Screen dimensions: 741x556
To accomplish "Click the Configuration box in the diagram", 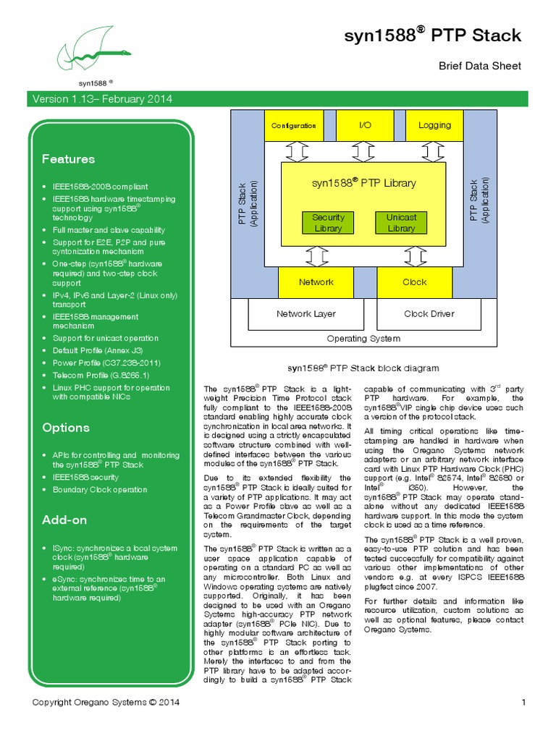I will pos(294,126).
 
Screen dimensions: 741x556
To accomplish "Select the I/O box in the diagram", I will pos(365,126).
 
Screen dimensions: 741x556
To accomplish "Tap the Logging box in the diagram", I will pos(434,126).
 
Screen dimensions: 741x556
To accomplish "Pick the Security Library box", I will pos(328,223).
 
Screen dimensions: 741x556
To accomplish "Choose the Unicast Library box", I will pos(401,223).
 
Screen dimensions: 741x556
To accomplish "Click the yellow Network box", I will pos(316,282).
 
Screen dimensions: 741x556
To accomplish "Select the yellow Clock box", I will pos(415,282).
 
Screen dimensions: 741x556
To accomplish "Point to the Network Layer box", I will pos(306,314).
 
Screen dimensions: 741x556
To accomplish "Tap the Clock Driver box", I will pos(429,314).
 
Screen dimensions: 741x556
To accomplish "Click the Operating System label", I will pos(363,338).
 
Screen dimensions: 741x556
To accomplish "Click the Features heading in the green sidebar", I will pos(68,159).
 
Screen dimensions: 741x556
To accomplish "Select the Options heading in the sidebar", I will pos(66,428).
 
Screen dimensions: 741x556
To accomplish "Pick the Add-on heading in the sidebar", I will pos(64,520).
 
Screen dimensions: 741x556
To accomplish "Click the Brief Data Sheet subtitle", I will pos(480,66).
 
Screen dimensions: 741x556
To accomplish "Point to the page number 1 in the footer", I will pos(523,702).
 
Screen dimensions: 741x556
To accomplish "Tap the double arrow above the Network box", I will pos(316,256).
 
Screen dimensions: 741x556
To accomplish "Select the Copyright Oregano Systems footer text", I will pos(106,702).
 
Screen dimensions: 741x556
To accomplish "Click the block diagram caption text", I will pos(363,368).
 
